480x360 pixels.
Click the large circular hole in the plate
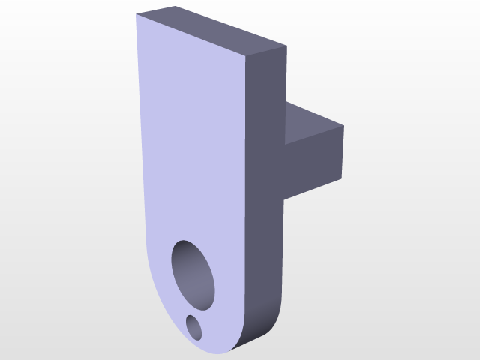click(193, 274)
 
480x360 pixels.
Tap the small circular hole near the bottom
click(194, 327)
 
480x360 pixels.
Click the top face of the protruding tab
click(313, 124)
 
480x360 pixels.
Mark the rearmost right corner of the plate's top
click(286, 47)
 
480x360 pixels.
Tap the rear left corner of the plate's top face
click(175, 7)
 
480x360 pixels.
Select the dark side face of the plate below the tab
click(265, 247)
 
